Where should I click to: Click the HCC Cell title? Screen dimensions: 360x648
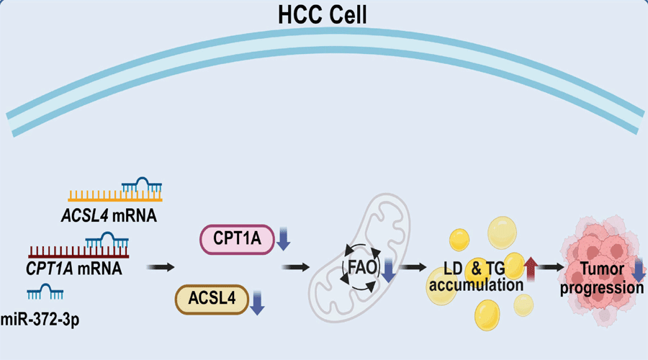(324, 14)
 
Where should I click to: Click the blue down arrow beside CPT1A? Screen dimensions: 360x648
(284, 240)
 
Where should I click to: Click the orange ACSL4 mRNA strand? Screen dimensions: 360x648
(115, 196)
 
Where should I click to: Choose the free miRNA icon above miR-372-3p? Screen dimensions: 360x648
(44, 292)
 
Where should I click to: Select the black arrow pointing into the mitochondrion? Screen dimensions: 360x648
(296, 269)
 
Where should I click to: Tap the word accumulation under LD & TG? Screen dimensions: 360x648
(484, 285)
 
